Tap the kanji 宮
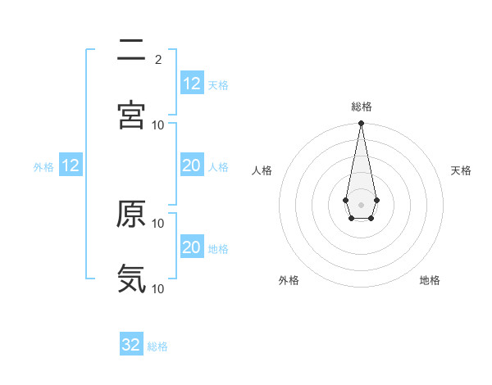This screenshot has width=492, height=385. coord(131,115)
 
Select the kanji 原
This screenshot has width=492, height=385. coord(131,214)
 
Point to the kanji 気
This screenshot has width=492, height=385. coord(131,279)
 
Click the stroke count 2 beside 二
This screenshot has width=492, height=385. coord(157,59)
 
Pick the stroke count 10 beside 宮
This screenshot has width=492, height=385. coord(158,125)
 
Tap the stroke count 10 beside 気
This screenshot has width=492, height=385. coord(158,288)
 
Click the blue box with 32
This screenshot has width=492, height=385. coord(131,345)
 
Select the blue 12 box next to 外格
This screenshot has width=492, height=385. coord(71,165)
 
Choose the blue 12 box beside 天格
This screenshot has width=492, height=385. coord(192,84)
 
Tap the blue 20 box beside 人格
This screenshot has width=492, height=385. coord(192,165)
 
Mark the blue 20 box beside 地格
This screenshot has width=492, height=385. coord(192,247)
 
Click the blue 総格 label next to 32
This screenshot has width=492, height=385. coord(157,346)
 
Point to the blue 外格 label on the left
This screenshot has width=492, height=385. coord(43,166)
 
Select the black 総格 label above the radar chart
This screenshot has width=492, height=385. coord(362,106)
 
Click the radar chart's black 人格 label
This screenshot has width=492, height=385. coord(262,170)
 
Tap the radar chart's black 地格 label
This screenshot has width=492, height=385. coord(430,280)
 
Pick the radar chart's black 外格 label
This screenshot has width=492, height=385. coord(289,280)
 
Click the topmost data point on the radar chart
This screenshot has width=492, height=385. coord(361,124)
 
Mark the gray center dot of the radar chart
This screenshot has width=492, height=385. coord(361,203)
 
